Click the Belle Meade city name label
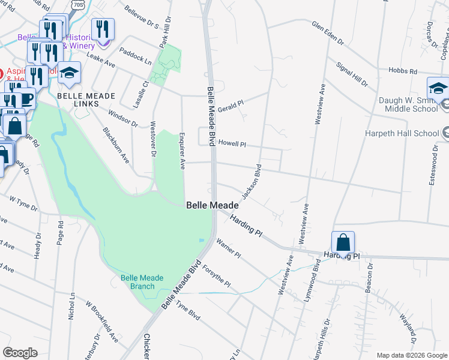[212, 205]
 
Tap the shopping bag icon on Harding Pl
[343, 243]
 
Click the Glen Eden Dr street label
[328, 33]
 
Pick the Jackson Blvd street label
[252, 181]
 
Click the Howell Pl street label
[232, 143]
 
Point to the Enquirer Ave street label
[181, 152]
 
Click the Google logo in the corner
[20, 353]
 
